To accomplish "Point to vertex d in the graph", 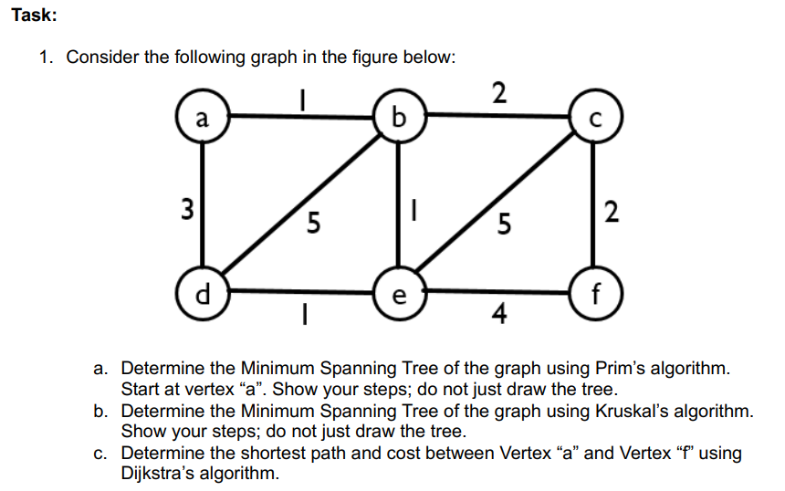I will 203,295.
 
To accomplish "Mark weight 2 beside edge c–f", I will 612,213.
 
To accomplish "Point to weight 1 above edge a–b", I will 302,97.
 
